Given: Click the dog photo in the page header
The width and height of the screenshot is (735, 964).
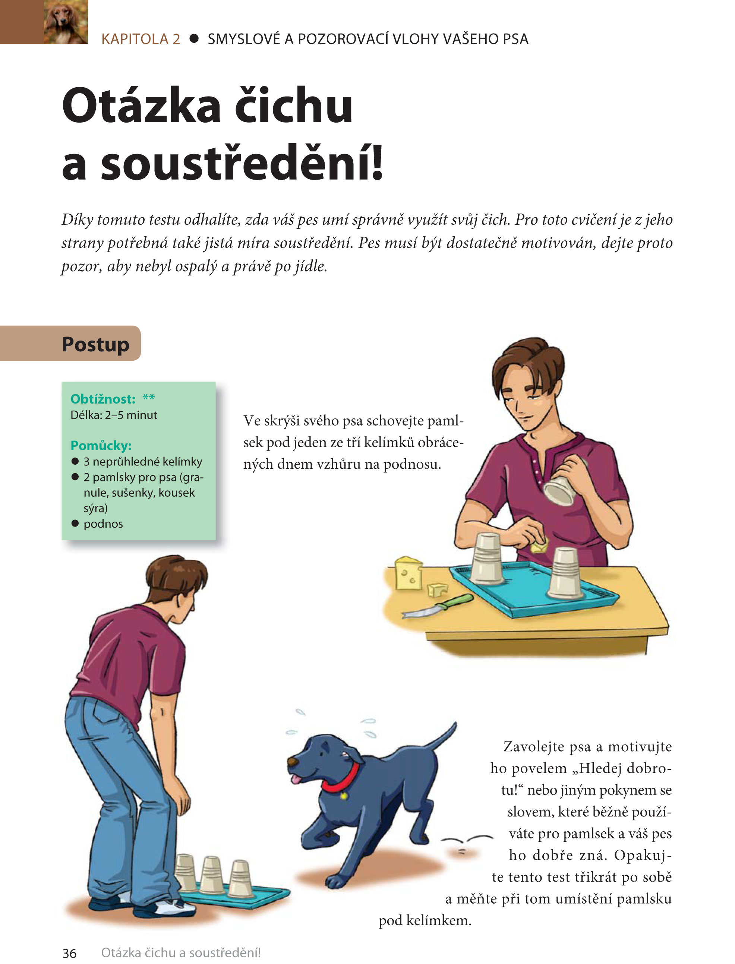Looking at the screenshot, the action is click(x=66, y=22).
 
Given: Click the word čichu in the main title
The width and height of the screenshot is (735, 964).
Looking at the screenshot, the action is click(x=294, y=105).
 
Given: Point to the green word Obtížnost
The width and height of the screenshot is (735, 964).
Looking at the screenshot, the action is click(x=103, y=399).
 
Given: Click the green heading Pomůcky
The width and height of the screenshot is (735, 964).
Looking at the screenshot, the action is click(x=101, y=445).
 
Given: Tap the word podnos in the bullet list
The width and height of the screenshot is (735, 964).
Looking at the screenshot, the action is click(x=103, y=524).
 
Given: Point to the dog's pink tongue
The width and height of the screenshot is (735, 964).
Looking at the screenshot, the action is click(x=297, y=778).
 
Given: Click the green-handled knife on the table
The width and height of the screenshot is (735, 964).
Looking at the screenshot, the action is click(x=438, y=606).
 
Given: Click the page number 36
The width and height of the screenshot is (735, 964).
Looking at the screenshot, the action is click(x=70, y=953).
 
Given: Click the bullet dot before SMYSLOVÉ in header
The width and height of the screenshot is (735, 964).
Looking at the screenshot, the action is click(x=194, y=39).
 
